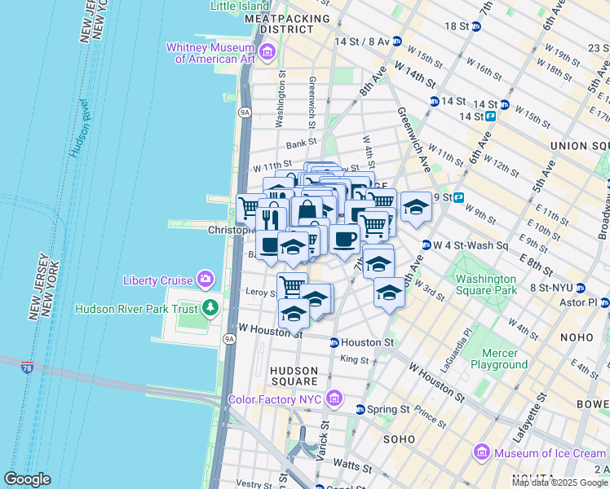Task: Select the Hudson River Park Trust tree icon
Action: point(211,308)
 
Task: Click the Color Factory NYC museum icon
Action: point(333,399)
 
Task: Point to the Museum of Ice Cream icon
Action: point(482,452)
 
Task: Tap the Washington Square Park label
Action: point(480,284)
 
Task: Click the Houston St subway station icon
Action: point(334,343)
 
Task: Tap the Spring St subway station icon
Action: point(360,409)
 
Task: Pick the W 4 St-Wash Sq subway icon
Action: point(426,245)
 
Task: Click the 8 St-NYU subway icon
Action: point(580,288)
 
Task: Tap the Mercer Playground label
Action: point(499,359)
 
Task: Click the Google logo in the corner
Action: point(27,479)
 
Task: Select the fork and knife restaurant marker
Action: point(271,219)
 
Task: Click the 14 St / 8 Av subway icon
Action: point(396,41)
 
